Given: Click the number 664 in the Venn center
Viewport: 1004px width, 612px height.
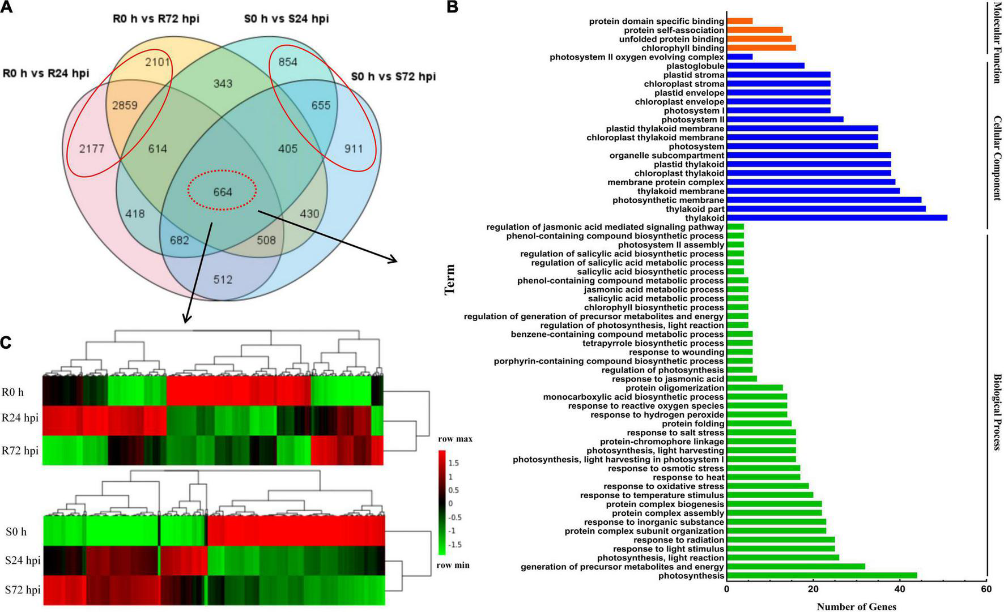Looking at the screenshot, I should [x=223, y=192].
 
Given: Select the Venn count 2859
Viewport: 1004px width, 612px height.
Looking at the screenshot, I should [x=124, y=106].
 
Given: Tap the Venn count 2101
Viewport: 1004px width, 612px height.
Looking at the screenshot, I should [x=158, y=62].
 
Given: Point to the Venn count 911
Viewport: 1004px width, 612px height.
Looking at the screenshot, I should [x=352, y=149].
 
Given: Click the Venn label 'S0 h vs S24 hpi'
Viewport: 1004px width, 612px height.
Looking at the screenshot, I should [x=287, y=19].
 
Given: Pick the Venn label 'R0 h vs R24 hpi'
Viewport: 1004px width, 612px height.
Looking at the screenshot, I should [x=46, y=73].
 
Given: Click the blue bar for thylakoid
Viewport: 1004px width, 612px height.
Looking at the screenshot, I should [x=836, y=218].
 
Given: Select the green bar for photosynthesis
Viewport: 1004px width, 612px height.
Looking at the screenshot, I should [x=821, y=576].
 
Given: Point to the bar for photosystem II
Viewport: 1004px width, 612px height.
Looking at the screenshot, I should [x=785, y=119].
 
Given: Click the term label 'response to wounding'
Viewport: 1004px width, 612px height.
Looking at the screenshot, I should [x=677, y=352].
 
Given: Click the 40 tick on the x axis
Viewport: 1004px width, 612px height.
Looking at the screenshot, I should [x=900, y=589].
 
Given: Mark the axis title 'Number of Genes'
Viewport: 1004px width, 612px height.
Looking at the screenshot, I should [x=856, y=606].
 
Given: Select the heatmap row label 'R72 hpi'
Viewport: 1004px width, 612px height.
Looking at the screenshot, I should [x=20, y=451].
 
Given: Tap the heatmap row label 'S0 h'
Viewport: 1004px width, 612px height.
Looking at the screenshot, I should [x=16, y=532].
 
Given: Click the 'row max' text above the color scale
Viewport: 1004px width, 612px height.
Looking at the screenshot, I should [x=455, y=439].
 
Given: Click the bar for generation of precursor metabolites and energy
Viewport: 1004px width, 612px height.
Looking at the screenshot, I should [x=795, y=567].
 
